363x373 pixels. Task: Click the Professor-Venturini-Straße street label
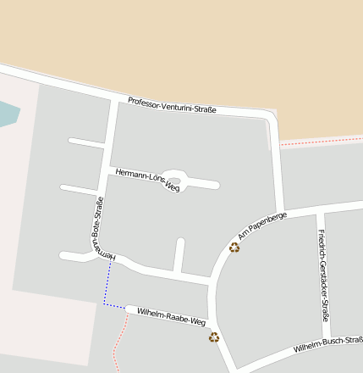172,106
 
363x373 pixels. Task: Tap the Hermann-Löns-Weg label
148,179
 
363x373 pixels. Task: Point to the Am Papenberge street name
262,224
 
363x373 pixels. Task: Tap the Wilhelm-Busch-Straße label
328,344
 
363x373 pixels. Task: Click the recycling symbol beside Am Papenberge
234,247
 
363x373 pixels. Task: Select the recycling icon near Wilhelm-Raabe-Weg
214,337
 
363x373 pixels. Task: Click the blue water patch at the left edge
6,114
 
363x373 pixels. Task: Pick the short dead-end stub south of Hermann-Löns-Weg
179,254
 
